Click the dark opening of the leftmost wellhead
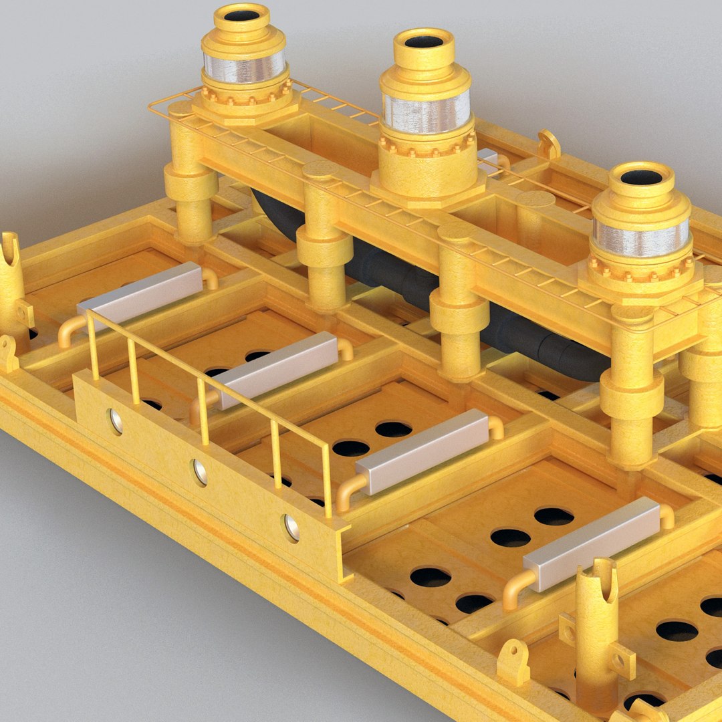tap(242, 15)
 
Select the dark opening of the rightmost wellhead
tap(641, 177)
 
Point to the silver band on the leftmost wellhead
tap(244, 67)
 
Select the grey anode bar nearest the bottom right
tap(592, 543)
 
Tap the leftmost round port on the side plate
tap(116, 420)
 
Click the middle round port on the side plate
tap(199, 471)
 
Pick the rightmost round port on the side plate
tap(291, 527)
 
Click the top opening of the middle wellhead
tap(424, 41)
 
